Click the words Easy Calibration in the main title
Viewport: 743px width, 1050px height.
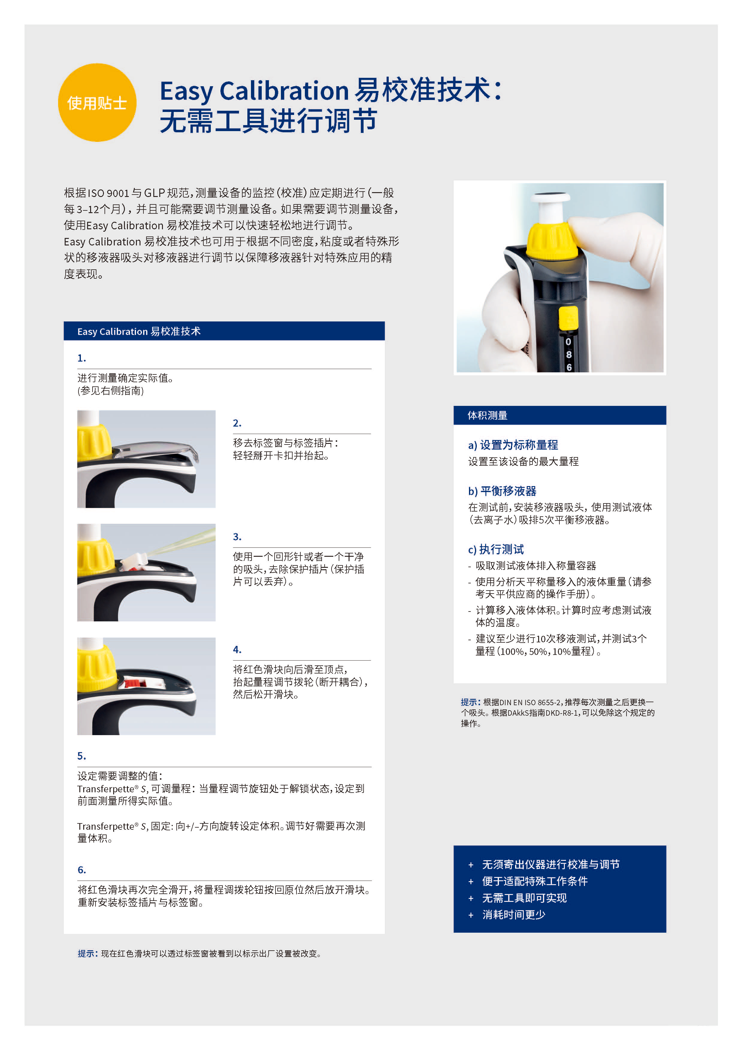[x=254, y=91]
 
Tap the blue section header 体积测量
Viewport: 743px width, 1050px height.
[x=487, y=415]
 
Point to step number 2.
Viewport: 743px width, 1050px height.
[x=237, y=423]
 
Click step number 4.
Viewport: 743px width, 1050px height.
[x=237, y=650]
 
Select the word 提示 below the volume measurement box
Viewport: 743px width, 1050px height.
[x=470, y=702]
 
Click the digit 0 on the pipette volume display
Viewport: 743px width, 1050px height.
[x=568, y=342]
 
